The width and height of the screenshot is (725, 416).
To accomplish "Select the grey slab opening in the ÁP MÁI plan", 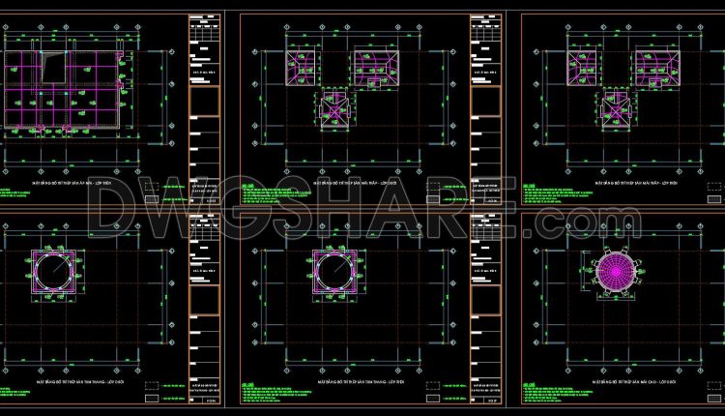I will click(54, 69).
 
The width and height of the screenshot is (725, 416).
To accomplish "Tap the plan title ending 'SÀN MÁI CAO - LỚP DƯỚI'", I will click(605, 382).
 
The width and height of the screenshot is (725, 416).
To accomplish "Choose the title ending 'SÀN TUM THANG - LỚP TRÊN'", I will click(344, 383).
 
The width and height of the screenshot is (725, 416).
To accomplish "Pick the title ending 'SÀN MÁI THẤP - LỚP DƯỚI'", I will click(344, 180).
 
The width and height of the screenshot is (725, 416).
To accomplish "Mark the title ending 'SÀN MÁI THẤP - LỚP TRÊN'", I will click(607, 180).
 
